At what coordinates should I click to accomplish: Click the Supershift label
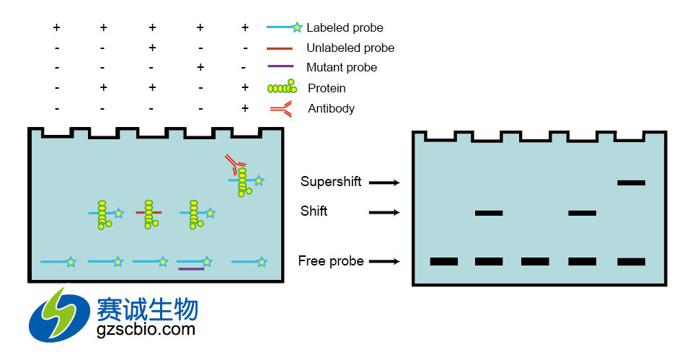(331, 182)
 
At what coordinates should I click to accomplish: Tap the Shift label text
(314, 211)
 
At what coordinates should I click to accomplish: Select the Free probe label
(331, 261)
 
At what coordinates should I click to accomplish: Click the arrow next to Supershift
(384, 183)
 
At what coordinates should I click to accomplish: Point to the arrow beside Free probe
(384, 262)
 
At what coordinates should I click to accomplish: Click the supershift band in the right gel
(631, 183)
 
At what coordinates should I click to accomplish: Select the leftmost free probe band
(443, 261)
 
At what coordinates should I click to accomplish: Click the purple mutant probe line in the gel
(190, 269)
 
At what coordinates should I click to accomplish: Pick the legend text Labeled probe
(345, 28)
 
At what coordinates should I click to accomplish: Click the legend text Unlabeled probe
(350, 48)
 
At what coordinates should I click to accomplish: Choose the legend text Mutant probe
(342, 68)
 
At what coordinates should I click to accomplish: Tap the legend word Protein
(327, 88)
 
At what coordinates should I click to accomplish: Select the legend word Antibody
(331, 109)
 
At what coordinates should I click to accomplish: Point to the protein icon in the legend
(281, 88)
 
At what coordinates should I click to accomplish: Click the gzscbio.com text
(146, 330)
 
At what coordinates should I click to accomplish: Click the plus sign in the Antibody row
(245, 108)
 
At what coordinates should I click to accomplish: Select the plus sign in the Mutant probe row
(200, 68)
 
